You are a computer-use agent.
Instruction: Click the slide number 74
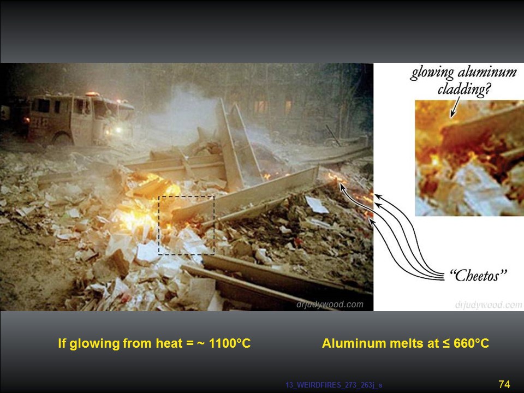click(x=504, y=384)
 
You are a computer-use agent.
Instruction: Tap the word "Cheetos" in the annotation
click(x=478, y=276)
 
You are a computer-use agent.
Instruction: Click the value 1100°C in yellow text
click(x=230, y=343)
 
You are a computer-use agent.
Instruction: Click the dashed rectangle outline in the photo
click(x=158, y=225)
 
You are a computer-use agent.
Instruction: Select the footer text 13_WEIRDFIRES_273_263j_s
click(x=334, y=385)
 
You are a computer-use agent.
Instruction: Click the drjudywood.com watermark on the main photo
click(x=330, y=305)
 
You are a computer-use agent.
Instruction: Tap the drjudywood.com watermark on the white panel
click(x=488, y=305)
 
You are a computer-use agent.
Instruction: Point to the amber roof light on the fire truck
click(x=92, y=94)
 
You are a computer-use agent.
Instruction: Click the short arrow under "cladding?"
click(x=455, y=107)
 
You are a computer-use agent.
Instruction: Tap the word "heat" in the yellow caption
click(x=169, y=343)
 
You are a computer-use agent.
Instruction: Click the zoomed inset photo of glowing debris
click(x=469, y=158)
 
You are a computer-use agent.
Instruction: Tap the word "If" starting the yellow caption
click(x=62, y=343)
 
